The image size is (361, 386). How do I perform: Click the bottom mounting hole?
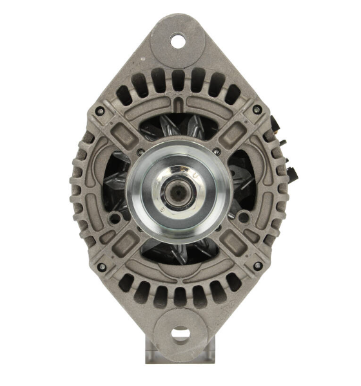pyautogui.click(x=181, y=335)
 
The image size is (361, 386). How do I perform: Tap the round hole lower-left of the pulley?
pyautogui.click(x=116, y=219)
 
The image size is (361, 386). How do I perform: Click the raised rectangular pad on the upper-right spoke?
pyautogui.click(x=233, y=134)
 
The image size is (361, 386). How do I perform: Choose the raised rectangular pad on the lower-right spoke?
pyautogui.click(x=232, y=243)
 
